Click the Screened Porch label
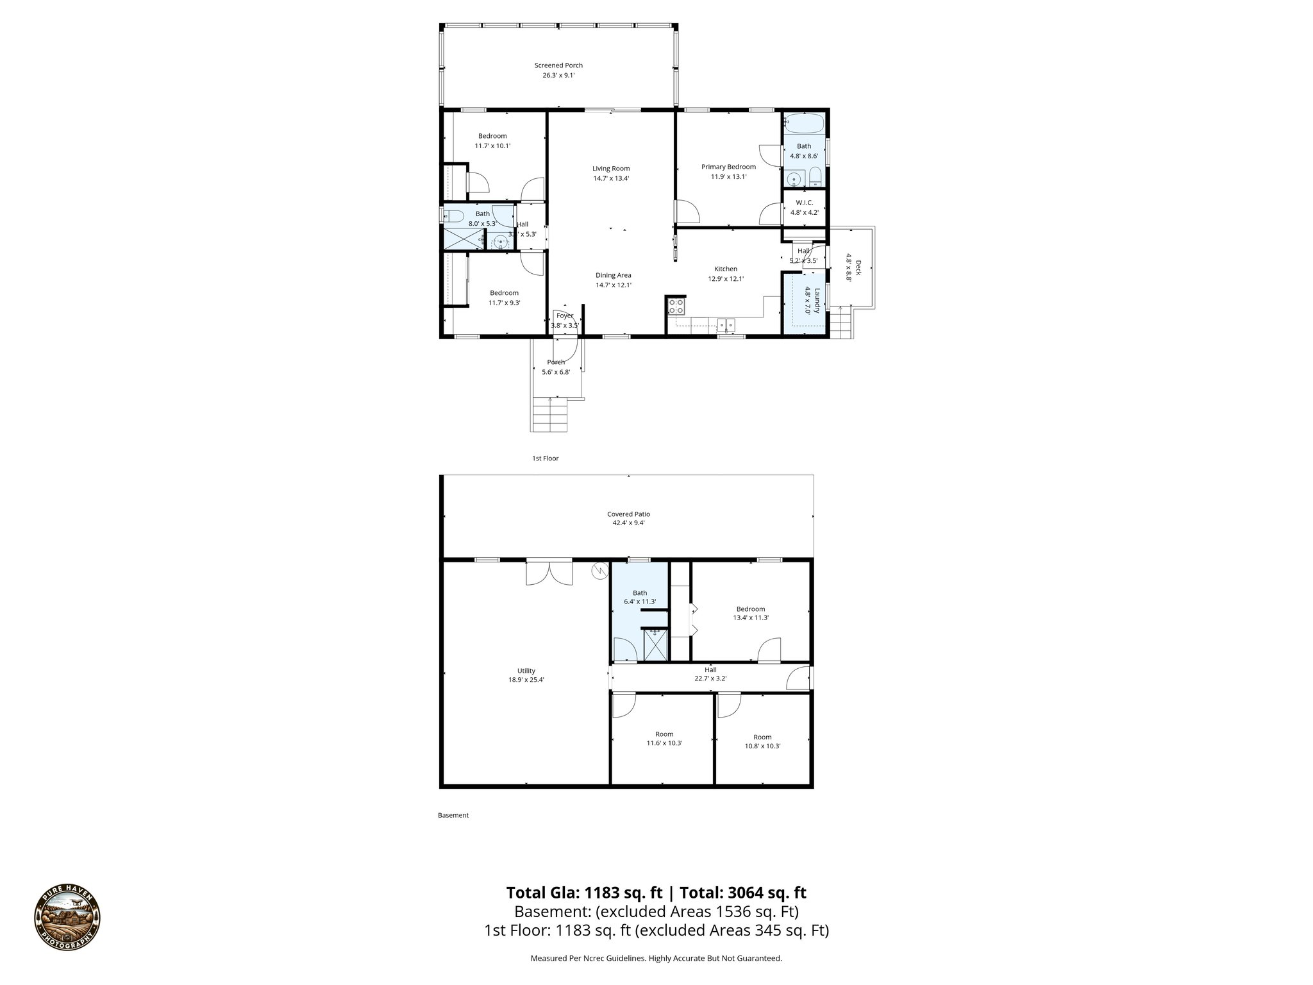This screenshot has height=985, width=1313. click(x=558, y=65)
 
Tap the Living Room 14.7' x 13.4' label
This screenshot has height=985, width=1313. click(x=611, y=174)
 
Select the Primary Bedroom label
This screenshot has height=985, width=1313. click(x=728, y=167)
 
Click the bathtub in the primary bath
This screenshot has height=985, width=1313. click(x=803, y=122)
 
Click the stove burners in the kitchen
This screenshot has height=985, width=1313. click(x=676, y=306)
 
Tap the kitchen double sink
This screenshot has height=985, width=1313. click(x=726, y=324)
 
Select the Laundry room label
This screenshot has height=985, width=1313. click(x=812, y=301)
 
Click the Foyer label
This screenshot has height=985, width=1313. click(x=565, y=316)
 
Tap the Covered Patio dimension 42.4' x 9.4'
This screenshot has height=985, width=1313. click(x=628, y=523)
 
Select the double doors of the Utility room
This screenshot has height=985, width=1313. click(x=549, y=572)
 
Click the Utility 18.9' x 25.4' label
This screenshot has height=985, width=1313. click(x=526, y=675)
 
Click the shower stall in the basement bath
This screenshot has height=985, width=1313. click(x=655, y=645)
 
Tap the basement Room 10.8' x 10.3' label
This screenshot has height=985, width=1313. click(x=762, y=741)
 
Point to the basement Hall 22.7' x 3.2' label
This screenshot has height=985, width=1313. click(x=710, y=674)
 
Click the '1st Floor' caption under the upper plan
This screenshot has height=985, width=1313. click(x=545, y=459)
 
